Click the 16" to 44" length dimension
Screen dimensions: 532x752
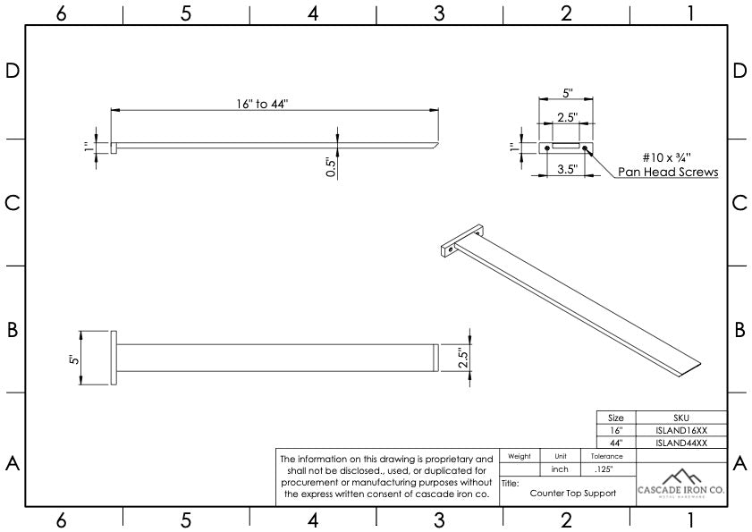click(x=262, y=105)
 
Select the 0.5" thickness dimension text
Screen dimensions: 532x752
click(x=331, y=168)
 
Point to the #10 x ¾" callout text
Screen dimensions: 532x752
click(x=655, y=156)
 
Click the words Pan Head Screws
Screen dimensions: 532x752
click(x=668, y=172)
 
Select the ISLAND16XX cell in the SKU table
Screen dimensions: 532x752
click(x=681, y=430)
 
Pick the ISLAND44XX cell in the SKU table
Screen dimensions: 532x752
click(x=681, y=443)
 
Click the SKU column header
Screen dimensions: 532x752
click(x=681, y=418)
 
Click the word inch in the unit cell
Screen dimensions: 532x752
click(x=561, y=469)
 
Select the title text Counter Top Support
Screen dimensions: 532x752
click(x=572, y=493)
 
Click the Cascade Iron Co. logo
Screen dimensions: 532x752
click(x=681, y=486)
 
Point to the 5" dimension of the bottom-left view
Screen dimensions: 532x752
click(x=75, y=359)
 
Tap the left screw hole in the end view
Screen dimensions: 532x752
click(x=546, y=148)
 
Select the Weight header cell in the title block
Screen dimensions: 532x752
click(x=520, y=456)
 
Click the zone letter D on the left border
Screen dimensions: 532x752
click(x=13, y=71)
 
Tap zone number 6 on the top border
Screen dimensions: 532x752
click(x=60, y=13)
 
